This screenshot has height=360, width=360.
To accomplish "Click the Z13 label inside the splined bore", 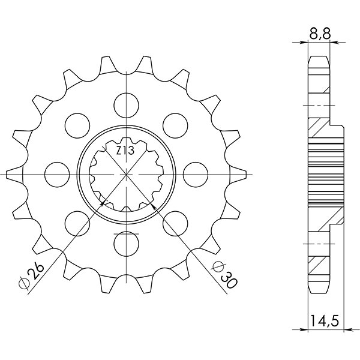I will (x=124, y=151).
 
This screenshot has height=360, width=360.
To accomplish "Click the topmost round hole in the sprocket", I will (x=127, y=102).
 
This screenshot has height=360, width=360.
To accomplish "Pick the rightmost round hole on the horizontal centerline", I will (x=194, y=172).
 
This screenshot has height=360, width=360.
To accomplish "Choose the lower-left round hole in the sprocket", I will (x=77, y=221).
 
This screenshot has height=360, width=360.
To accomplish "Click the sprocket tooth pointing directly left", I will (x=13, y=175).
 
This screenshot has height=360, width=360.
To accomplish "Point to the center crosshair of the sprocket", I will (x=127, y=175).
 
